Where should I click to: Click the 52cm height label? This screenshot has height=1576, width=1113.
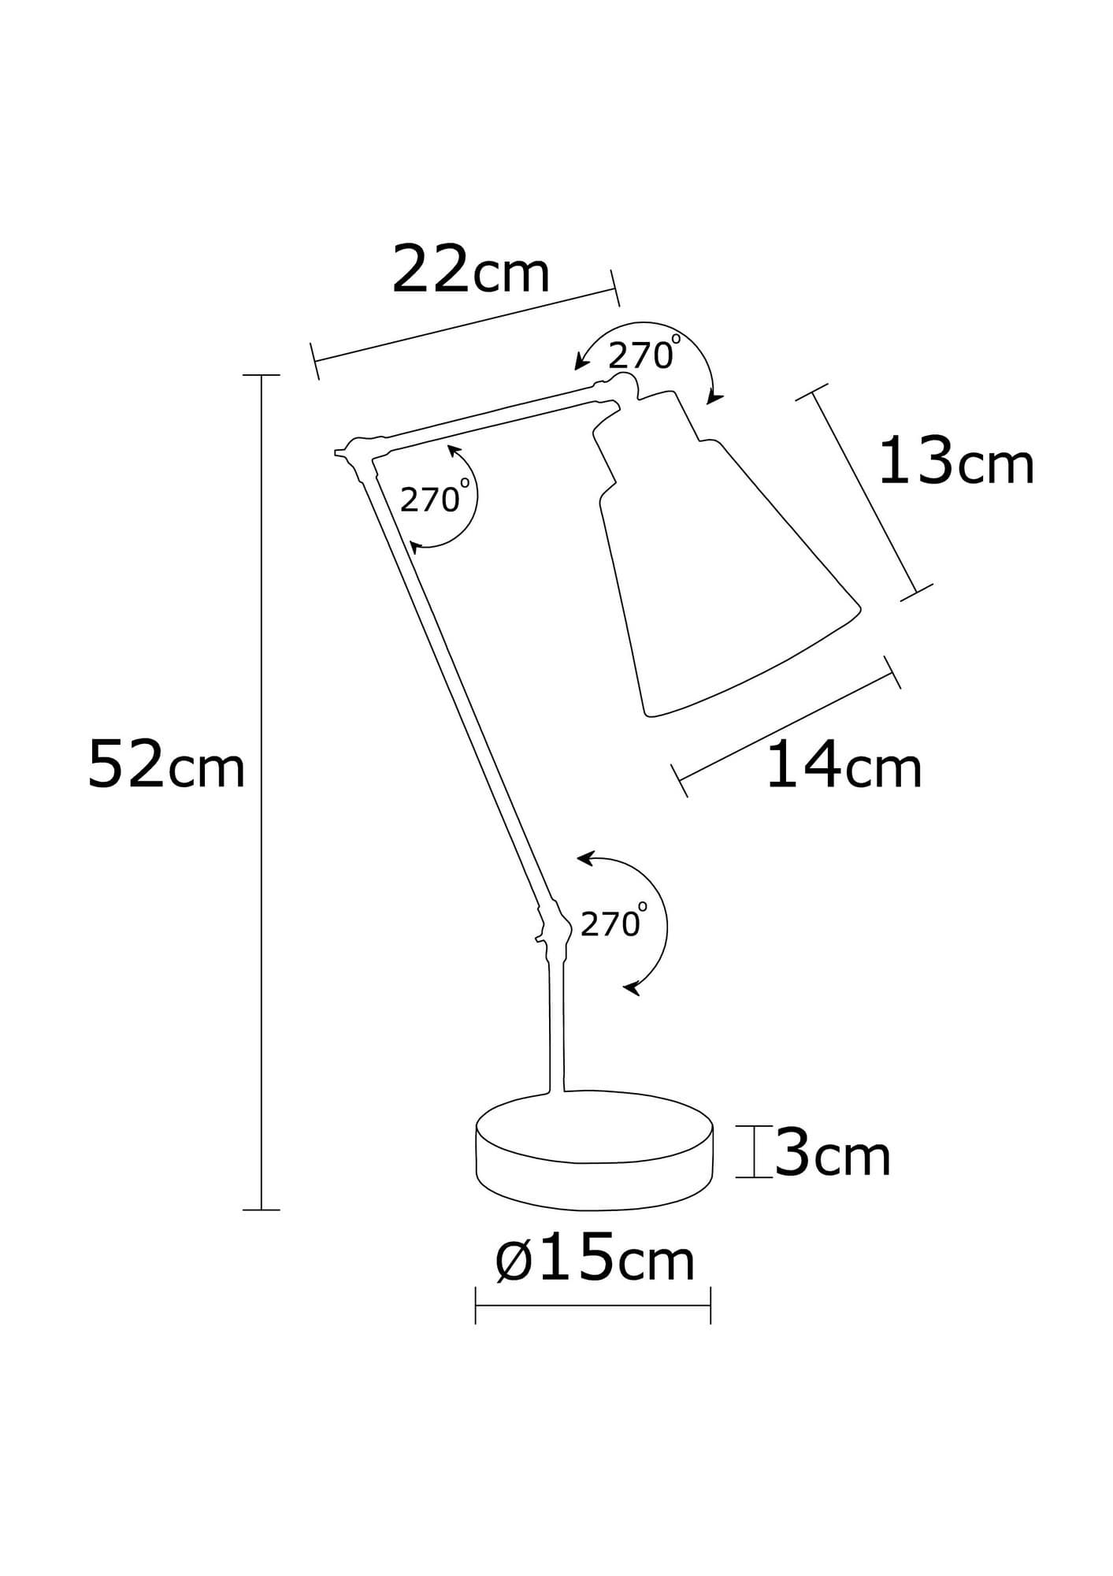[166, 764]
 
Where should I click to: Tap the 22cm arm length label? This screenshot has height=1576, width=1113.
[470, 270]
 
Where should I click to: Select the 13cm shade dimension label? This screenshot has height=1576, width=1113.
[955, 463]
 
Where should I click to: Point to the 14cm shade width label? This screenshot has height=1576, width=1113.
[843, 765]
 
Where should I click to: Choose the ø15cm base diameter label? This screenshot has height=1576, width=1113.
[595, 1259]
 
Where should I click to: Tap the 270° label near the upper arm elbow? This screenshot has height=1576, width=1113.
[431, 499]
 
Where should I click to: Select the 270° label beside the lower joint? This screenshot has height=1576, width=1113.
[611, 924]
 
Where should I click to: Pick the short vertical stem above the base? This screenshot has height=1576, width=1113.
[556, 1024]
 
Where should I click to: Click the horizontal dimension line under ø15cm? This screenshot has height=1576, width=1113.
[593, 1306]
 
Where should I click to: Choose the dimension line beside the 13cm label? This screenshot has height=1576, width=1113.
[864, 492]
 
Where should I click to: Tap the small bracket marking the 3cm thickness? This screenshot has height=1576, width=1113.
[754, 1152]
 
